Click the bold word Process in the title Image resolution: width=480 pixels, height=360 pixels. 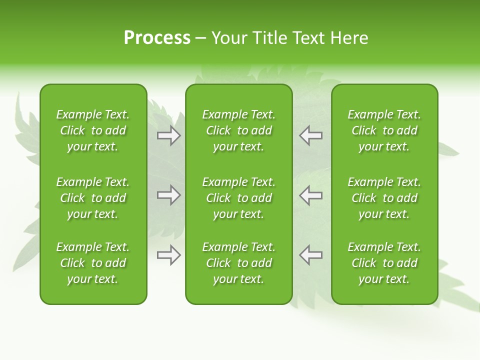pos(157,38)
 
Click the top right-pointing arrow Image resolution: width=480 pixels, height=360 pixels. pos(168,135)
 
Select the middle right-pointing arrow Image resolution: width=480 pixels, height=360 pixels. pos(168,195)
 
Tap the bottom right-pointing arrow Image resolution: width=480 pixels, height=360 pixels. pos(168,255)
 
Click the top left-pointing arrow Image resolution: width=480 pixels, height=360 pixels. pos(311,135)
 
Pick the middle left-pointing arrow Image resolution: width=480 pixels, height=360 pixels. pos(311,195)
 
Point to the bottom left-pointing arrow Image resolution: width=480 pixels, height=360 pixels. pos(311,255)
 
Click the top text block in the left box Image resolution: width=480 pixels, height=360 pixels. pos(93,130)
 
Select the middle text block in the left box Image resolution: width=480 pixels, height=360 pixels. pos(93,198)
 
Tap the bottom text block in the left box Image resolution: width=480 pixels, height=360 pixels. pos(93,263)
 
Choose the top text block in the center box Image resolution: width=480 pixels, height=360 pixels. pos(238,130)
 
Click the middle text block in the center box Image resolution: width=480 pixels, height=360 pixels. pos(238,198)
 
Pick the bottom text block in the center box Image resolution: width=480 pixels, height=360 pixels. pos(238,263)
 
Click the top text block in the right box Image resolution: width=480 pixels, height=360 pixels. pos(384,130)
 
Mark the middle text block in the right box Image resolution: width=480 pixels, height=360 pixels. pos(384,198)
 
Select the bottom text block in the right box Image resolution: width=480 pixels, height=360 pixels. pos(384,263)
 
